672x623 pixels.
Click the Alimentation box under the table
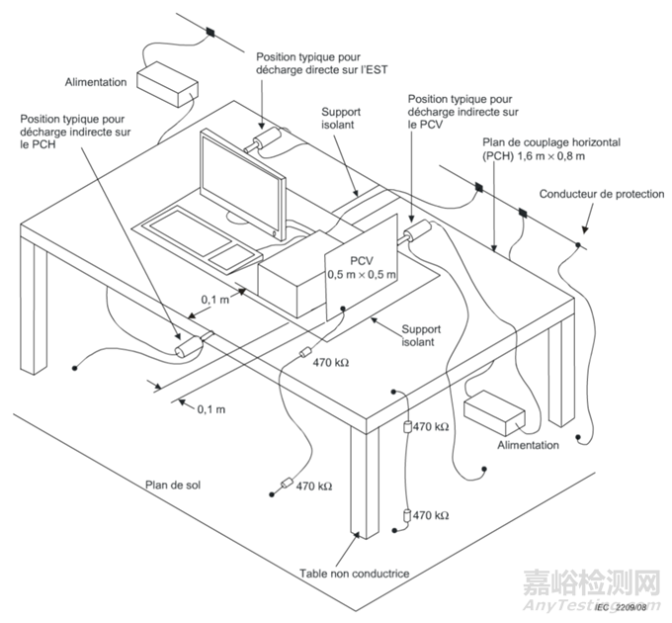point(493,412)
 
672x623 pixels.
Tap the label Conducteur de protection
point(602,194)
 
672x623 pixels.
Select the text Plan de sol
point(175,486)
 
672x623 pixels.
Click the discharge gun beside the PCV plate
point(416,234)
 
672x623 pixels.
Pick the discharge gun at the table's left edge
point(189,348)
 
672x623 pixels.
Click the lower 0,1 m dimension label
point(210,407)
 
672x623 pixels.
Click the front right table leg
point(364,475)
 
